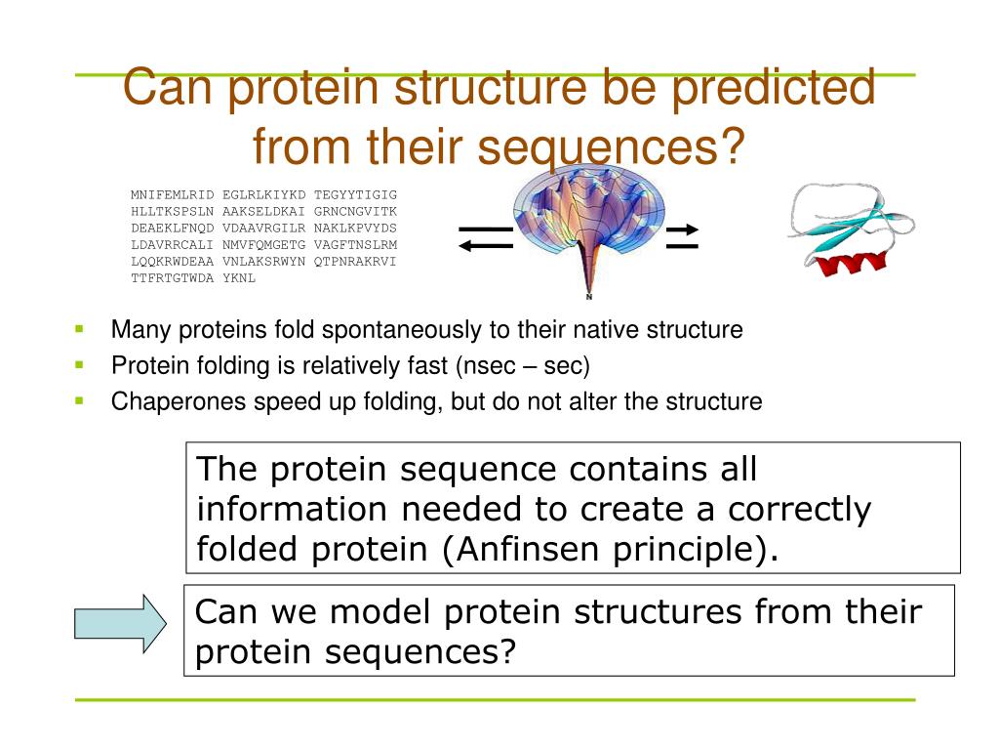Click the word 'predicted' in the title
tap(774, 89)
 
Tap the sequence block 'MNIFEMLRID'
tap(172, 194)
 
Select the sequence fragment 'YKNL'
tap(239, 278)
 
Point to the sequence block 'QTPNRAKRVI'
tap(355, 262)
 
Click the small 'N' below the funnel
tap(589, 297)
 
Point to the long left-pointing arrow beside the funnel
tap(486, 246)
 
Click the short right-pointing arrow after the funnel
tap(682, 229)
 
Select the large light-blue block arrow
tap(120, 623)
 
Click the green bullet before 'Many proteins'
tap(79, 329)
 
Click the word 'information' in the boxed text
tap(291, 509)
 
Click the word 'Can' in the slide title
tap(167, 87)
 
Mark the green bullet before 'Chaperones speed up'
tap(79, 401)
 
